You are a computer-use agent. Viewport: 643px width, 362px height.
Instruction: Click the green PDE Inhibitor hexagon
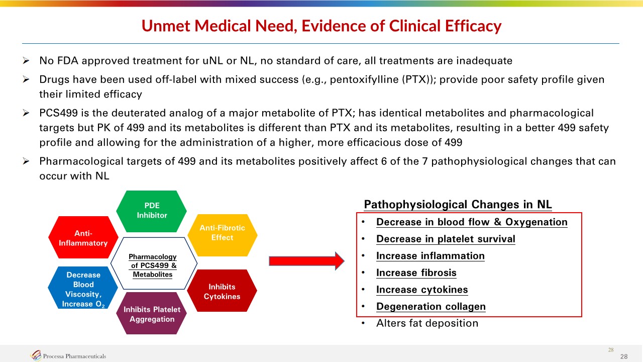(x=152, y=211)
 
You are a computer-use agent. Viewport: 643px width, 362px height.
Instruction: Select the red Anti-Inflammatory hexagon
(x=83, y=238)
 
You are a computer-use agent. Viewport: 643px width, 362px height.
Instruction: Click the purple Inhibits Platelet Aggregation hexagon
(x=152, y=314)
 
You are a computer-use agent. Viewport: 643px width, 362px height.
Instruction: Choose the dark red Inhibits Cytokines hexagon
(x=222, y=291)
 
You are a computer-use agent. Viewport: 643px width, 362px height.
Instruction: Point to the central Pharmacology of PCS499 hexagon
(x=153, y=265)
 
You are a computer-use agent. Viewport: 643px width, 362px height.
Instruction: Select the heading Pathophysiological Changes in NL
(x=458, y=205)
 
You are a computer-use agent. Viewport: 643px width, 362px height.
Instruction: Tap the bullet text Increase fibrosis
(x=416, y=273)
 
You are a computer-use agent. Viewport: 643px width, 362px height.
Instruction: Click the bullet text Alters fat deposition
(x=427, y=323)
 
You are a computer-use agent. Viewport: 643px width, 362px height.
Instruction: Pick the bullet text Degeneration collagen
(x=431, y=307)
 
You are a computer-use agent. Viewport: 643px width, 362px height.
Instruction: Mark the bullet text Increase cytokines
(x=422, y=290)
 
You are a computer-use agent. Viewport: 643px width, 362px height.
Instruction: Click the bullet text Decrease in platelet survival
(x=446, y=239)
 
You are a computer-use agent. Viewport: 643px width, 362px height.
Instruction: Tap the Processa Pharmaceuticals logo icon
(x=36, y=356)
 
